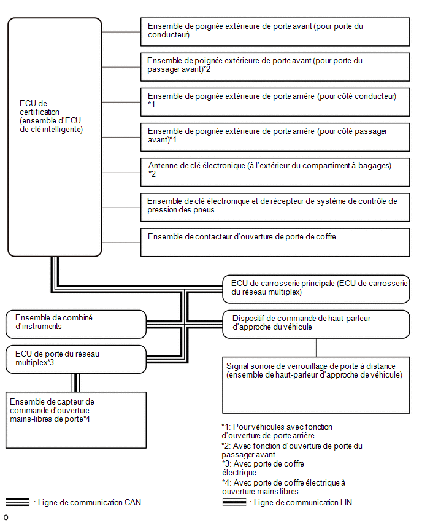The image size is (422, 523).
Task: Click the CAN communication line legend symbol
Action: point(18,502)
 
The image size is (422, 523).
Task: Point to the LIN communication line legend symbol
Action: point(234,502)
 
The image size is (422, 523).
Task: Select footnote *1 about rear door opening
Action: point(277,432)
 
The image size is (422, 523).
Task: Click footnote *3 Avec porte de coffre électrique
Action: point(263,468)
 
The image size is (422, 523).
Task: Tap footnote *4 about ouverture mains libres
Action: point(283,487)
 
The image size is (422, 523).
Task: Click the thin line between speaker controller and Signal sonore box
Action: point(316,347)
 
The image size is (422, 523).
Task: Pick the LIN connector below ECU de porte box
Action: point(75,382)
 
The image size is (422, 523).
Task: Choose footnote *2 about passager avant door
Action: point(292,451)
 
